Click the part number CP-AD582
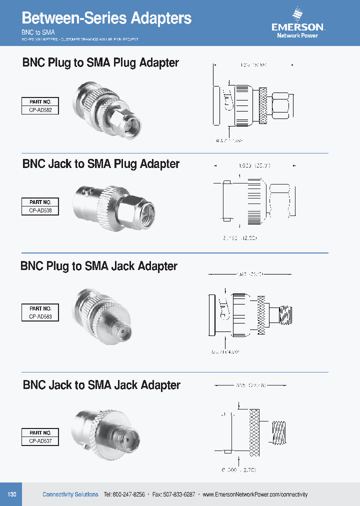coord(40,110)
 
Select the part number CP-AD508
coord(40,211)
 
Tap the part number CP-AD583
coord(40,316)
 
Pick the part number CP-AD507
coord(40,441)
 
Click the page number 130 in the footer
coord(12,494)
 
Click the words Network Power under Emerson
coord(297,35)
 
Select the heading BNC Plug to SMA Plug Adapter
coord(100,63)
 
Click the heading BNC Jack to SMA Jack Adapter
coord(101,385)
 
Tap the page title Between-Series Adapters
coord(106,18)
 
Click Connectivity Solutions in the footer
coord(70,494)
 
